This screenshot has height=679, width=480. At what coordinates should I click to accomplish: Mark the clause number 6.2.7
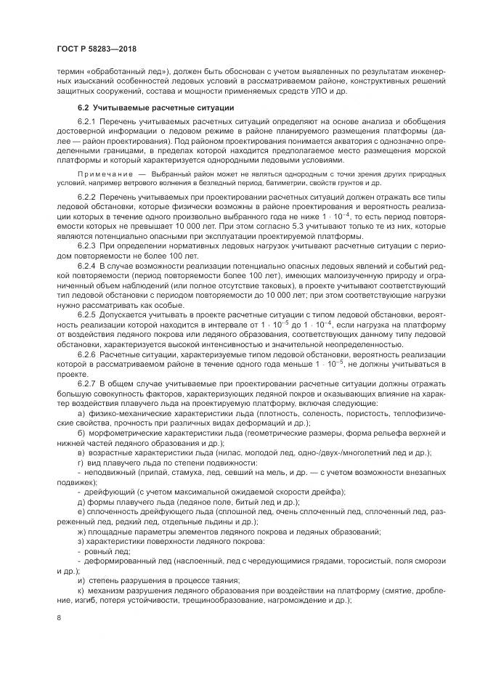(x=87, y=383)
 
